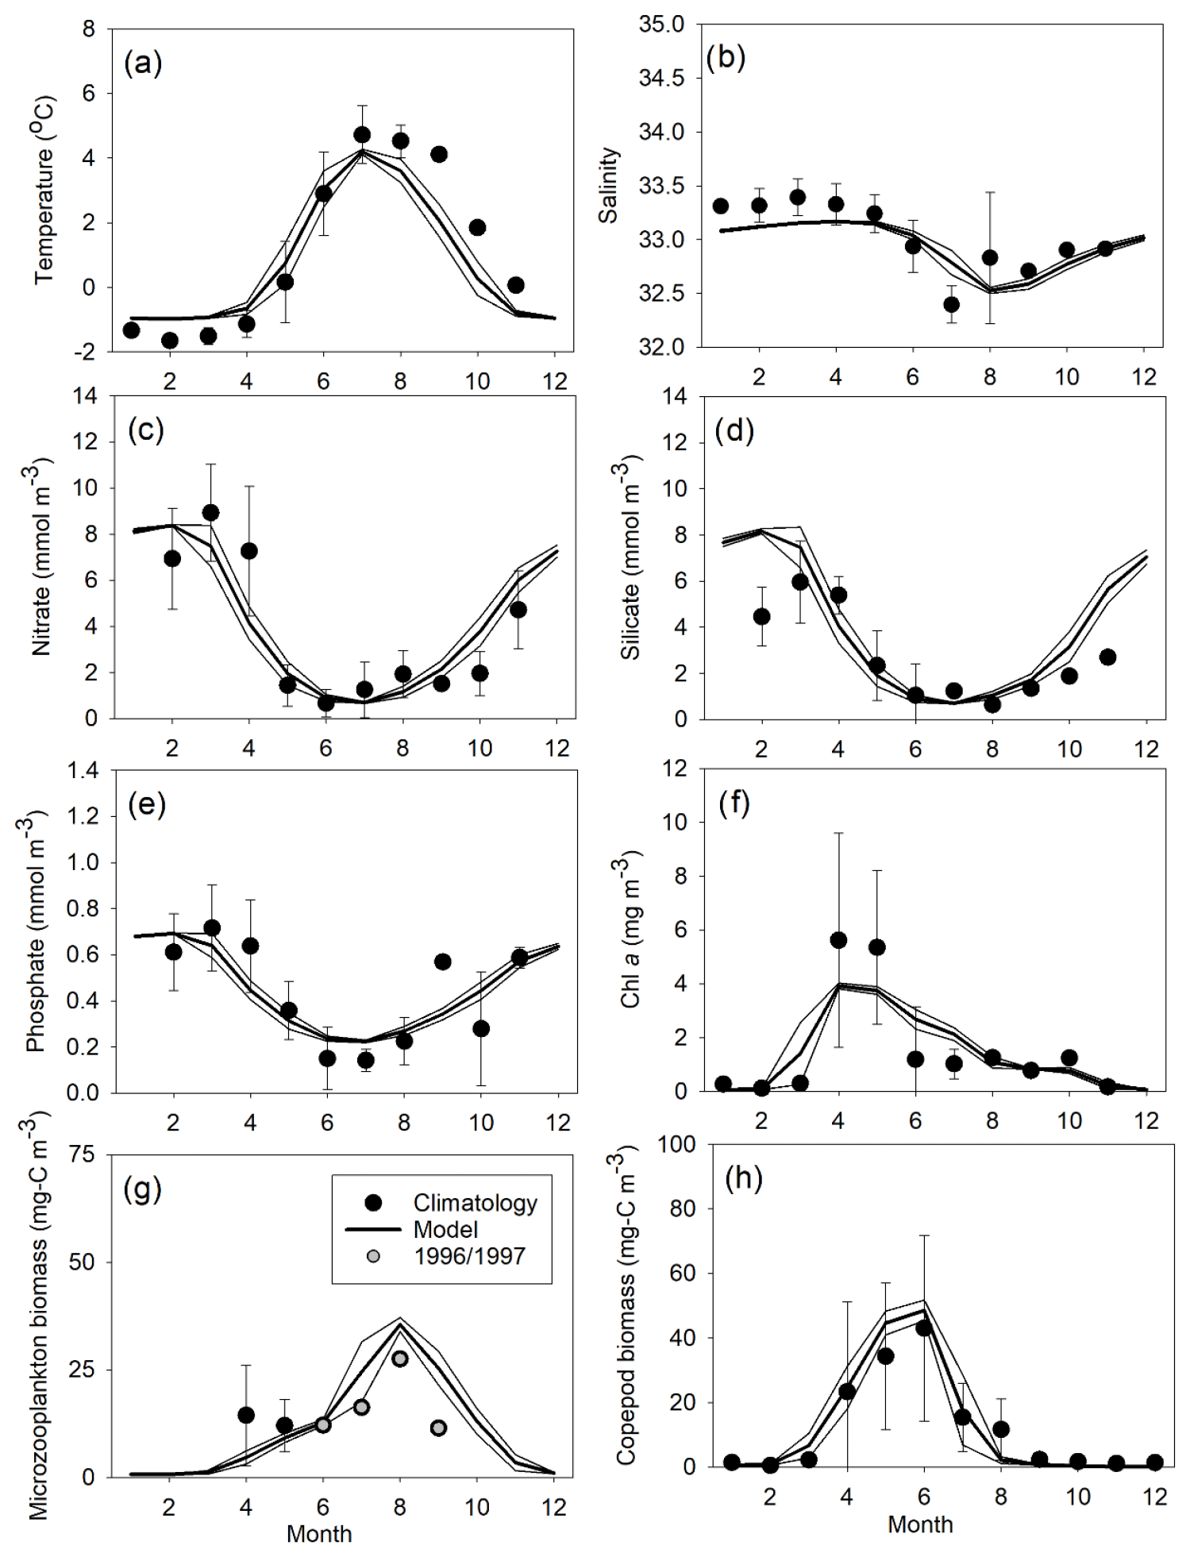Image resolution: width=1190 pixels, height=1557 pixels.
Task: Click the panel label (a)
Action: pos(144,63)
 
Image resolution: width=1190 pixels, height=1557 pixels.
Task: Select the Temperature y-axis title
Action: pos(44,191)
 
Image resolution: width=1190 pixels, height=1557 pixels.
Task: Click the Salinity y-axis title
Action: pos(609,185)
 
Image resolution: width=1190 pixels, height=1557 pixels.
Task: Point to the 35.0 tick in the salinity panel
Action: pos(661,25)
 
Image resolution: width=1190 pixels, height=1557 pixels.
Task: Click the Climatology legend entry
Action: pos(475,1203)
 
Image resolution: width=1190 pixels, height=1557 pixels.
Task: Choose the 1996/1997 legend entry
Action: pos(469,1255)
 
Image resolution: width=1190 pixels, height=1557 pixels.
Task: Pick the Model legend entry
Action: pos(445,1229)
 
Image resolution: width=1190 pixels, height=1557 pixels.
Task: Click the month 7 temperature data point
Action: pos(362,135)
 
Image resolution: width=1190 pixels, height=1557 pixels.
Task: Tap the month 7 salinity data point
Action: pos(951,304)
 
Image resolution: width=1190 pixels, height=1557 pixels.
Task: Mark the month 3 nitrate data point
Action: pos(210,513)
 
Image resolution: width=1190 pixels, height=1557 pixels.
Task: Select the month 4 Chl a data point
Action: pos(838,940)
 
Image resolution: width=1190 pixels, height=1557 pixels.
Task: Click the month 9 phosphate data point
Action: pos(442,962)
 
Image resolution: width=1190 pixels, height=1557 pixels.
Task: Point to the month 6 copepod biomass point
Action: pos(923,1328)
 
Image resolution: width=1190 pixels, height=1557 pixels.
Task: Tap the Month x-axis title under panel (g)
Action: pos(319,1533)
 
